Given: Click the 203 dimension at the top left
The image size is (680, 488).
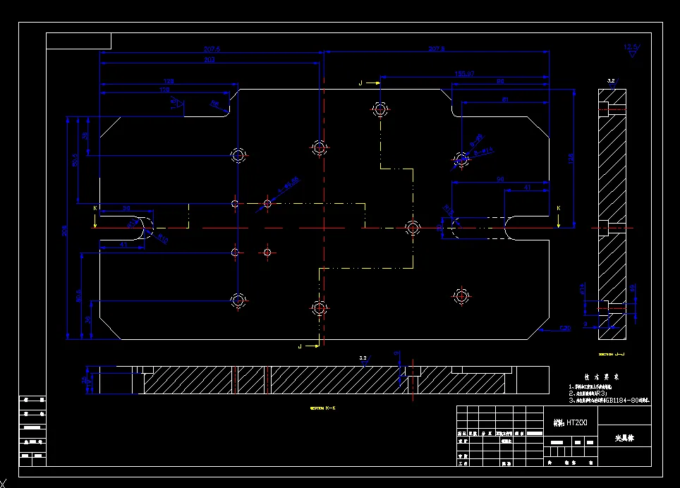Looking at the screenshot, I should pos(210,60).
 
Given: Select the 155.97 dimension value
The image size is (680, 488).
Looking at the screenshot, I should pos(463,73).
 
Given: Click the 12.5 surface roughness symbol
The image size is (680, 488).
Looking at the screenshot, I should pos(630,50).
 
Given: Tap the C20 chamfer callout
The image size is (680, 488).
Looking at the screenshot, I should pos(564,328).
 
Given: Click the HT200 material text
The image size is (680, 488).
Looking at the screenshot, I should pos(571,422).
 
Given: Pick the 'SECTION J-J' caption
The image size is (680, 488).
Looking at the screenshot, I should pos(612,354).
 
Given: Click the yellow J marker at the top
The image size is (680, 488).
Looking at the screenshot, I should pos(360,83).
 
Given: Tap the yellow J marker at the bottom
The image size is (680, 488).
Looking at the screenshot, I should pos(300,346).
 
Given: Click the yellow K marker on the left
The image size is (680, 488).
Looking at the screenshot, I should pos(95,209).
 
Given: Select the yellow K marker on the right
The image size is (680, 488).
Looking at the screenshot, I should pos(558,209).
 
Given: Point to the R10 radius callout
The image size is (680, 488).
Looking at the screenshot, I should pos(162,239).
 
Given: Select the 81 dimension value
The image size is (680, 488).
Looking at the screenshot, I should pos(505,99).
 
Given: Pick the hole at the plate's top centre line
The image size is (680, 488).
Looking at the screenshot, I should pos(320,147).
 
